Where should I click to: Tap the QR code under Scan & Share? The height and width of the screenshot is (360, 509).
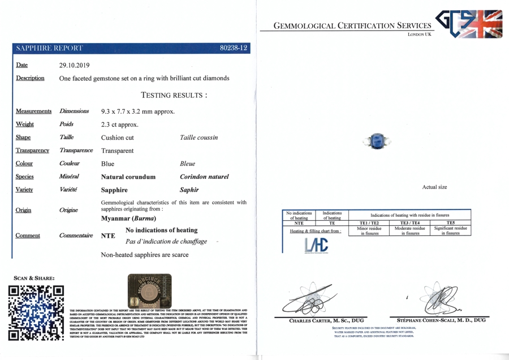35,315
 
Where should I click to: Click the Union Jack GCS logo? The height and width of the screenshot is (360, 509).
470,23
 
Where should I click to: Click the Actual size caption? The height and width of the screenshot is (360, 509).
434,187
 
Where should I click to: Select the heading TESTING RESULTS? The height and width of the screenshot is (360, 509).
173,95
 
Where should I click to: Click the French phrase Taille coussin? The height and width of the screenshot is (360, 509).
199,138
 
